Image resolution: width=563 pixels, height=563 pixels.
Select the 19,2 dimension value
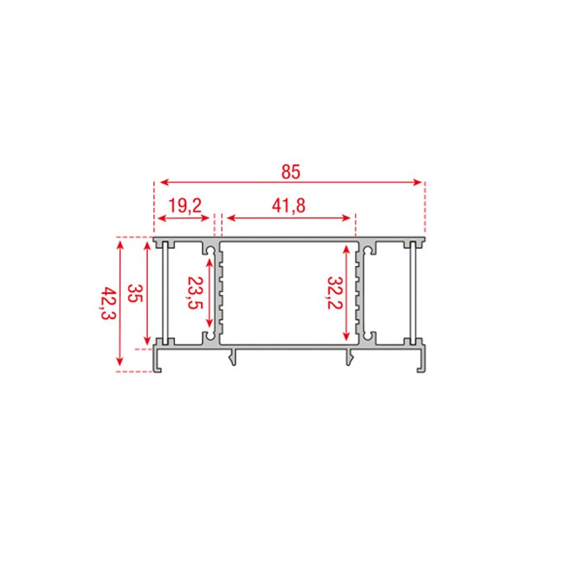point(185,205)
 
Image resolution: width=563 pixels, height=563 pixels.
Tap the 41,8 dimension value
point(289,205)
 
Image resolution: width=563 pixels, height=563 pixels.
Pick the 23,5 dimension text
point(194,293)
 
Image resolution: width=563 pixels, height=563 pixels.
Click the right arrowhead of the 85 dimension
point(420,182)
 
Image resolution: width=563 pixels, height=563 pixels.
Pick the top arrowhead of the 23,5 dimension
point(209,262)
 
